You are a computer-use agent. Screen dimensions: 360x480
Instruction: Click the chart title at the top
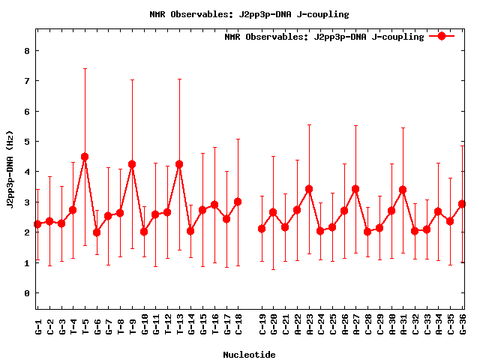(241, 13)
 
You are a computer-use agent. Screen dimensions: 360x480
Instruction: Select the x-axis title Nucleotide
(249, 354)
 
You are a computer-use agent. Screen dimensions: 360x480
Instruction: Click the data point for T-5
(85, 157)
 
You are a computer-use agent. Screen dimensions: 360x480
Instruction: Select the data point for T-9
(132, 164)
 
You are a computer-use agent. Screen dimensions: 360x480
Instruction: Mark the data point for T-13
(179, 164)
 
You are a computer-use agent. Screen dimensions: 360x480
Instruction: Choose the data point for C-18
(238, 202)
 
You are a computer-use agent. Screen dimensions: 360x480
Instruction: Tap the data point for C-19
(262, 229)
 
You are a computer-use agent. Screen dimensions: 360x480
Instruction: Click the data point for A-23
(309, 189)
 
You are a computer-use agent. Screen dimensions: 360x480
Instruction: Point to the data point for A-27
(355, 189)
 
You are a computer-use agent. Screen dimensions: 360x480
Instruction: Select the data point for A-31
(403, 190)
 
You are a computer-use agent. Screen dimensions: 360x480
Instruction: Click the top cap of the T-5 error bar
(85, 69)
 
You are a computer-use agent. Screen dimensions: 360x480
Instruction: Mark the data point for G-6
(97, 232)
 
